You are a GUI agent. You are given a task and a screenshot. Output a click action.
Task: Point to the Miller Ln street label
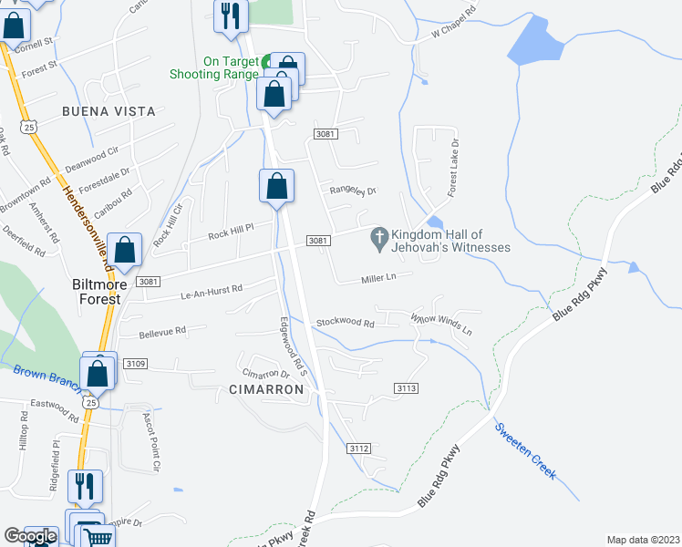(379, 278)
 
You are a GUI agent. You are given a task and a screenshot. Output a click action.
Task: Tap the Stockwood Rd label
(345, 323)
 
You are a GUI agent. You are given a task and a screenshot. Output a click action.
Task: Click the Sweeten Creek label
(524, 450)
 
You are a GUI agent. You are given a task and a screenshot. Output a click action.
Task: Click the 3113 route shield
(407, 388)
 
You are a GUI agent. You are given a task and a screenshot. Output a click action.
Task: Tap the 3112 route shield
(359, 448)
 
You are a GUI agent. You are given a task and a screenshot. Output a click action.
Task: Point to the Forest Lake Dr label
(452, 170)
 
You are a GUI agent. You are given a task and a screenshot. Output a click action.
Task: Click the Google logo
(30, 537)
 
